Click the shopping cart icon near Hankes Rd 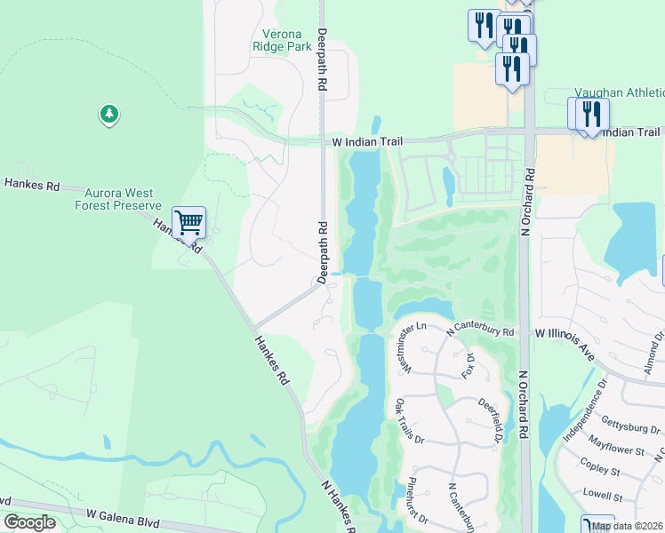tap(188, 222)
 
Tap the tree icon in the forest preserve tap(109, 115)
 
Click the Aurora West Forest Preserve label tap(123, 198)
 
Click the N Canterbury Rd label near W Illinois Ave tap(481, 330)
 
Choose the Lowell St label tap(601, 492)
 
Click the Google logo tap(29, 522)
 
